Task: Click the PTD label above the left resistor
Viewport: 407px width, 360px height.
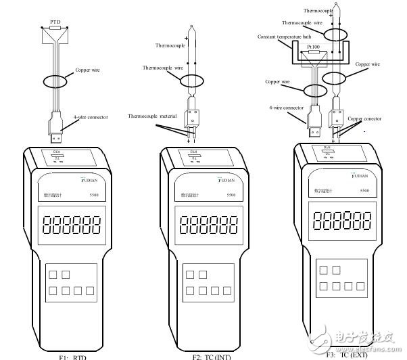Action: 56,21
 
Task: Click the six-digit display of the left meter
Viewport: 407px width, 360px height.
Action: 68,223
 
